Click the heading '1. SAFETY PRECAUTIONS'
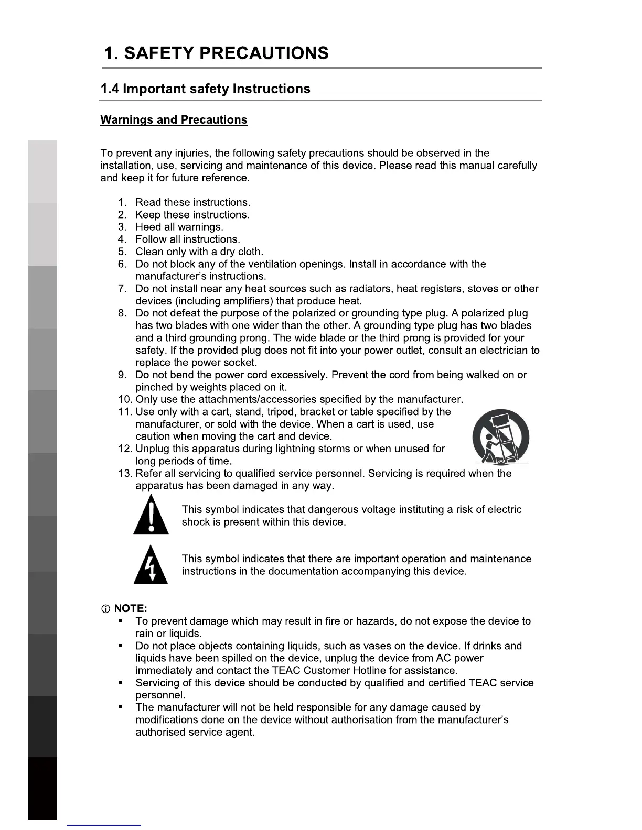point(216,53)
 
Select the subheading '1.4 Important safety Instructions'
point(205,89)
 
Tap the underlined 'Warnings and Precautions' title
point(174,120)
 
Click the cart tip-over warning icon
point(500,436)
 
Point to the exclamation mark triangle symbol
point(151,516)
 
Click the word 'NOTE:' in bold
point(131,608)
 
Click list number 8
point(123,313)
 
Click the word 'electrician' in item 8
point(503,350)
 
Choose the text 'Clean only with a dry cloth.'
point(199,252)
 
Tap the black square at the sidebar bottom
point(42,788)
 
